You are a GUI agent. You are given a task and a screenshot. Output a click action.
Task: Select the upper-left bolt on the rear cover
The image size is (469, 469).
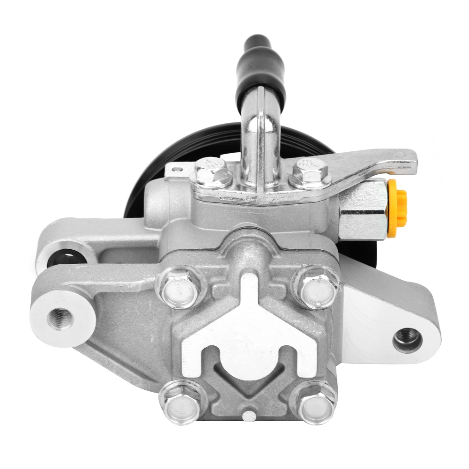[180, 287]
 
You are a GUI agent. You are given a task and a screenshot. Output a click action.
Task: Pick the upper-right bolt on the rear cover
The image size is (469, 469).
[315, 287]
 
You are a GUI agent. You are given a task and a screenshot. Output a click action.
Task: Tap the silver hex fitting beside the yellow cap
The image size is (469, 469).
[363, 208]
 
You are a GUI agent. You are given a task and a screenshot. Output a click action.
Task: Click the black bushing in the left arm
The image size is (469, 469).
[67, 258]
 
